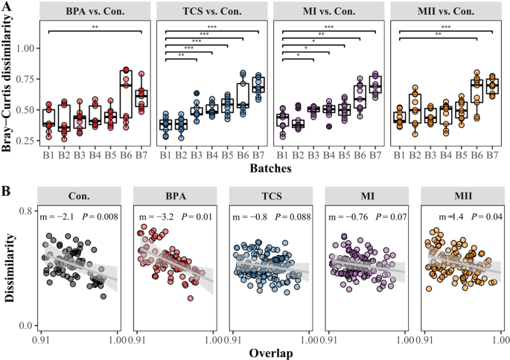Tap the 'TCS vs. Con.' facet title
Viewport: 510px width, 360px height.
211,11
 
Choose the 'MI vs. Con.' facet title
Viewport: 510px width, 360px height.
328,11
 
